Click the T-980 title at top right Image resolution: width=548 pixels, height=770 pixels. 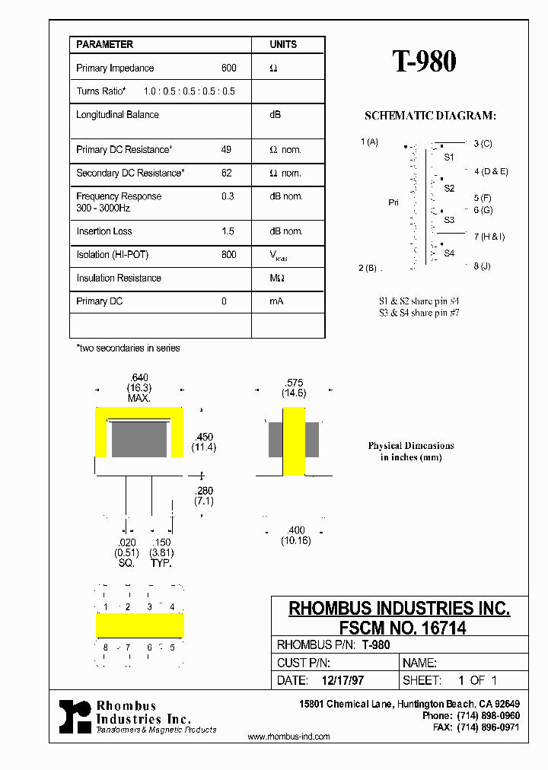pyautogui.click(x=425, y=62)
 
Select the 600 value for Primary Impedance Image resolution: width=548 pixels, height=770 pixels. pyautogui.click(x=228, y=68)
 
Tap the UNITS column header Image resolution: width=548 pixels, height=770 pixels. pyautogui.click(x=283, y=45)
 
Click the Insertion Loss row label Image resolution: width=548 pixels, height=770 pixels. pyautogui.click(x=104, y=231)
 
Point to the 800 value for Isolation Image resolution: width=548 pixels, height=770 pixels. pyautogui.click(x=228, y=255)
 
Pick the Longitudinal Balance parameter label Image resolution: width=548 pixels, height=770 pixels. pyautogui.click(x=117, y=115)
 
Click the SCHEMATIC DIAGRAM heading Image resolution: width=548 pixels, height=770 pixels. pyautogui.click(x=430, y=116)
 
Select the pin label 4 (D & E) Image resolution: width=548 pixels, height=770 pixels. pyautogui.click(x=490, y=171)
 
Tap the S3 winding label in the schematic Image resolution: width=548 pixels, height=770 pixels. pyautogui.click(x=449, y=220)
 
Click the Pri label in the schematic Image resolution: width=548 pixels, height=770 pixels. pyautogui.click(x=393, y=203)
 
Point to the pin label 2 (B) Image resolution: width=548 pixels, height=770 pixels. pyautogui.click(x=368, y=267)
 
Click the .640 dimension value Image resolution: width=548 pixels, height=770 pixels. pyautogui.click(x=139, y=378)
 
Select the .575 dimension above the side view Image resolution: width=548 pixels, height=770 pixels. pyautogui.click(x=294, y=383)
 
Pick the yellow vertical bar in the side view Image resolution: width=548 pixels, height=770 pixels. pyautogui.click(x=294, y=441)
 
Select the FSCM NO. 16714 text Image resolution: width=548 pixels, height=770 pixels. pyautogui.click(x=399, y=628)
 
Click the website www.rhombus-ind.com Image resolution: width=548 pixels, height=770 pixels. pyautogui.click(x=289, y=737)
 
